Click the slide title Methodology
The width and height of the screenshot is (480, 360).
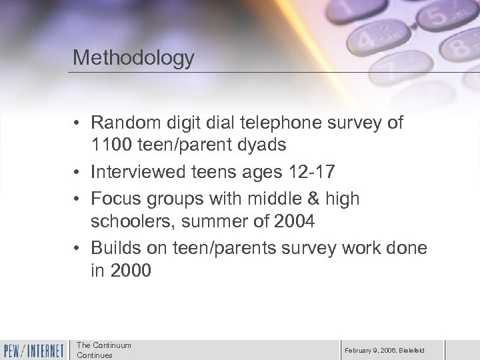click(x=133, y=57)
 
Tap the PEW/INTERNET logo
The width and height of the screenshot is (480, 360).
click(x=34, y=349)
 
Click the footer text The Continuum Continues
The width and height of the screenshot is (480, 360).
click(x=104, y=349)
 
